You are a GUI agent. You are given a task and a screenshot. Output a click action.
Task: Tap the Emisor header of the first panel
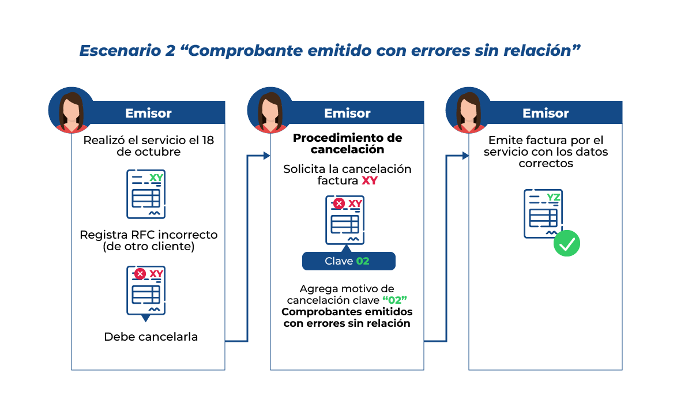[148, 113]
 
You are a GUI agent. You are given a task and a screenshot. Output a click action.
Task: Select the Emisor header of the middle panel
[347, 113]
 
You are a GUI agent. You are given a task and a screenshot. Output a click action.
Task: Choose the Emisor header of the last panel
[546, 113]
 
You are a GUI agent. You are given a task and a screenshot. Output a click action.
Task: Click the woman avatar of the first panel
[71, 110]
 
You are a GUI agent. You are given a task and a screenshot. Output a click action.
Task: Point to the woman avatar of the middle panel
[270, 110]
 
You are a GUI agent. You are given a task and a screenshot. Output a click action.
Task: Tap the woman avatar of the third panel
[469, 110]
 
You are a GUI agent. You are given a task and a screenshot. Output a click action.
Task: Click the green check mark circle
[566, 243]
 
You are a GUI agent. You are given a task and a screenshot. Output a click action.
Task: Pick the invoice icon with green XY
[146, 194]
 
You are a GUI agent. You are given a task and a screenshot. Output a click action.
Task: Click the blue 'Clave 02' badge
[348, 261]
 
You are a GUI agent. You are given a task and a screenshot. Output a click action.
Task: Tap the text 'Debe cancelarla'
[151, 337]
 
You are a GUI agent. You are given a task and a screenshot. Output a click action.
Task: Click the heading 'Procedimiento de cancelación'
[347, 144]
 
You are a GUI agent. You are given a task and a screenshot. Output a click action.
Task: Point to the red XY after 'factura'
[369, 181]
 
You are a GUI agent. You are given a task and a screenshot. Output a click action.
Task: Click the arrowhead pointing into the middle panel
[266, 156]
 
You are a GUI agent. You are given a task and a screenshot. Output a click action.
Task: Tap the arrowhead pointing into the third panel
[465, 156]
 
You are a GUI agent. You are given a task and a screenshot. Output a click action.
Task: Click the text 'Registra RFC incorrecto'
[148, 235]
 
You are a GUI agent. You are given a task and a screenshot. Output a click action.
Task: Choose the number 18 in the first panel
[208, 140]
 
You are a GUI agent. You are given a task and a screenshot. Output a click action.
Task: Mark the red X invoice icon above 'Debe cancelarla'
[146, 291]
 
